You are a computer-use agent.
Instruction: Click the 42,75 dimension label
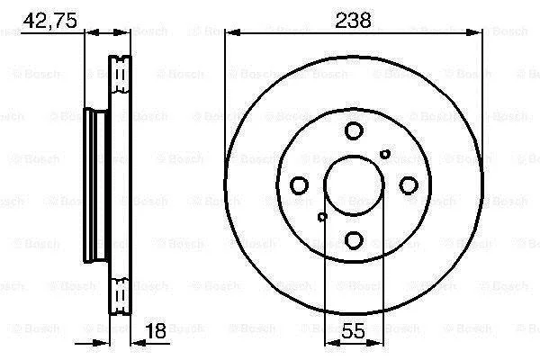click(x=49, y=21)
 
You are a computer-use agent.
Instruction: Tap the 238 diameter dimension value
click(x=354, y=21)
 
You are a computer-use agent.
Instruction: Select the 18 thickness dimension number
click(x=156, y=330)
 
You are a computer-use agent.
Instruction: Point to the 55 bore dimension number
click(x=354, y=330)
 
